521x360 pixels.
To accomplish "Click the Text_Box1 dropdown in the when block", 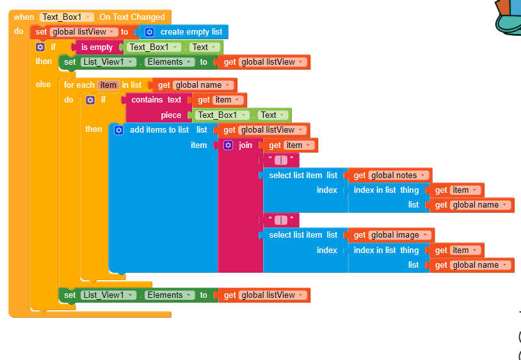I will point(67,17).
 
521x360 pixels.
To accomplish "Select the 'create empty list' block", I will point(190,31).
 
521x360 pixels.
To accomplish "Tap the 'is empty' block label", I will point(97,47).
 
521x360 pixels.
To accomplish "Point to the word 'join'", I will point(246,145).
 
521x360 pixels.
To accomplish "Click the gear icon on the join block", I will point(228,145).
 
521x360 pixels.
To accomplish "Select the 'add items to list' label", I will point(159,129).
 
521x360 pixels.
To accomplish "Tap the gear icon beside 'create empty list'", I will point(150,31).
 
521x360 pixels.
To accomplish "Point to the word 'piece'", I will point(171,115).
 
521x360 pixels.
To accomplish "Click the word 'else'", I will point(44,85).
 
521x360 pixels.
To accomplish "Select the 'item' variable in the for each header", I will point(108,85).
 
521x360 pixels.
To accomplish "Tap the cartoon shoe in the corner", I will point(509,19).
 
